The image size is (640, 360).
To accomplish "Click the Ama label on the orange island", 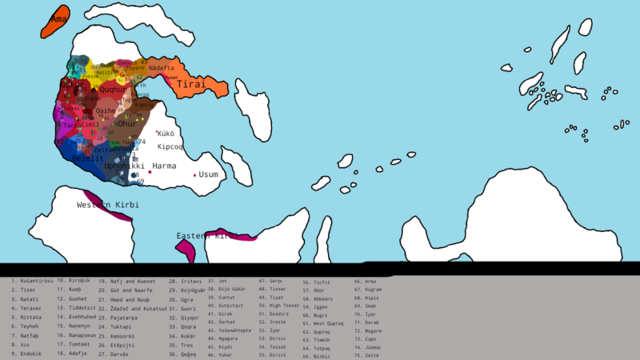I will click(58, 18).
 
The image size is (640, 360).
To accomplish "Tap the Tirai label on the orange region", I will click(191, 84).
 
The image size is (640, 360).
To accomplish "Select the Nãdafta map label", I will click(161, 69).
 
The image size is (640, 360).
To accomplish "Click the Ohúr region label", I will click(127, 124).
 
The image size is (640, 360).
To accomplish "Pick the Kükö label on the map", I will click(166, 133).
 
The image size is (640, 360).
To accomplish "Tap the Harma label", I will click(164, 166).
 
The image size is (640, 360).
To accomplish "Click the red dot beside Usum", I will click(194, 175).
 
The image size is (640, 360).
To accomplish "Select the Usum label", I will click(208, 174).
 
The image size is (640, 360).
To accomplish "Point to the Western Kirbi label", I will click(107, 206).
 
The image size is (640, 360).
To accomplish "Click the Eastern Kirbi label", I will click(207, 236).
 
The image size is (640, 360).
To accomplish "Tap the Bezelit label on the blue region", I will click(88, 158).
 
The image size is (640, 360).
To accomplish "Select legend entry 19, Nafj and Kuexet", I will click(125, 282).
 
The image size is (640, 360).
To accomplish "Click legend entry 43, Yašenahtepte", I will click(234, 330).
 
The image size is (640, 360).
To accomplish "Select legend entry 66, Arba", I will click(369, 282).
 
